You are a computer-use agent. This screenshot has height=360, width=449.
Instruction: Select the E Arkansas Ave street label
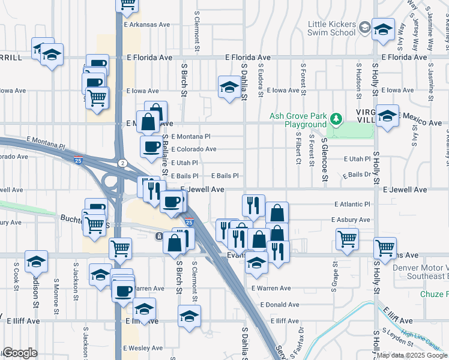point(148,25)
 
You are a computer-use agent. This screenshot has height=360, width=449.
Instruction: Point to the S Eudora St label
point(261,80)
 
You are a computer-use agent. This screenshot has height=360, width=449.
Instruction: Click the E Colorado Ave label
point(193,149)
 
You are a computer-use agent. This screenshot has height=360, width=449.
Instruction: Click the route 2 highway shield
point(122,163)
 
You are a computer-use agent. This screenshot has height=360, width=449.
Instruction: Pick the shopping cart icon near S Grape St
point(347,238)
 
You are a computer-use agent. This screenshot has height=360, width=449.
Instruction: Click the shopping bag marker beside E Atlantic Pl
point(277,212)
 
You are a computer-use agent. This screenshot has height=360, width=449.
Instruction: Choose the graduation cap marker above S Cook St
point(36,260)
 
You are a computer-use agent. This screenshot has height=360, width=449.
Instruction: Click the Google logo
point(19,353)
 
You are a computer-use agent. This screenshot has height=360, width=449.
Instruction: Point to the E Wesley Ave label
point(143,348)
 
